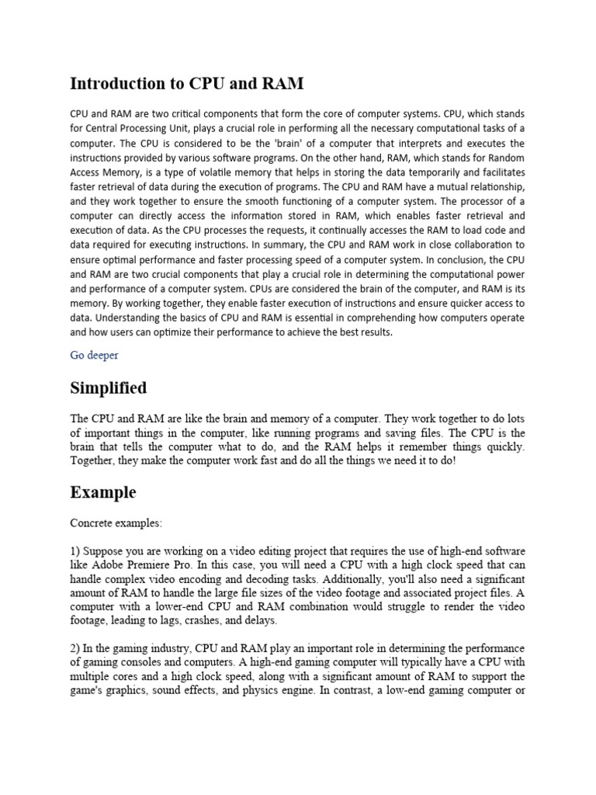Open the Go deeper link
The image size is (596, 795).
94,355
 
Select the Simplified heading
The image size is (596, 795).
109,387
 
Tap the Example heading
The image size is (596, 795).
103,492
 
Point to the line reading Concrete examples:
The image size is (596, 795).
116,523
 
